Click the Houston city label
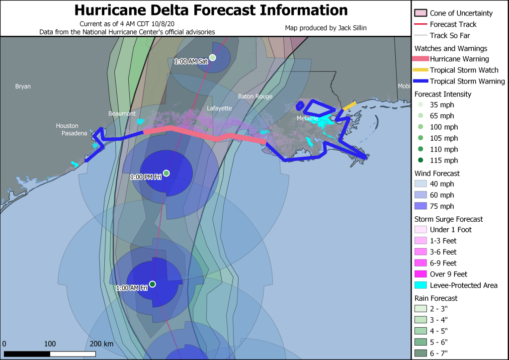67,126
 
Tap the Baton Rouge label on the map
255,96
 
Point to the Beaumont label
122,114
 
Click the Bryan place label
23,87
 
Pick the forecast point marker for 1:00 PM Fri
167,173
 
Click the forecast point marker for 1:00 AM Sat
213,58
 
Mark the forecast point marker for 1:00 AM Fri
153,284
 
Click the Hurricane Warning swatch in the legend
421,59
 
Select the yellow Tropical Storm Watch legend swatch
421,70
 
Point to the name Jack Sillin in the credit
353,28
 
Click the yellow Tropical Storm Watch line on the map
349,105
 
